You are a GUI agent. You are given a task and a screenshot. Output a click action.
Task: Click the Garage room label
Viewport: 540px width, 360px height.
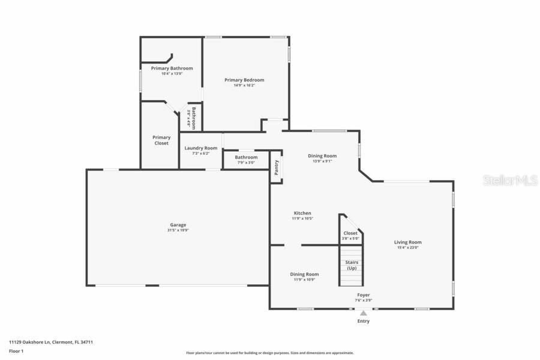tap(178, 225)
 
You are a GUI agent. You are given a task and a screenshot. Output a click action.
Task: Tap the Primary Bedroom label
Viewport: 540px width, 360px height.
tap(244, 80)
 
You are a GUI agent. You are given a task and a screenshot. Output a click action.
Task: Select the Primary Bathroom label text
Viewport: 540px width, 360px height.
tap(172, 68)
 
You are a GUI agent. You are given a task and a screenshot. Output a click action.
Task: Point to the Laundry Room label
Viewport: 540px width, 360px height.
tap(200, 148)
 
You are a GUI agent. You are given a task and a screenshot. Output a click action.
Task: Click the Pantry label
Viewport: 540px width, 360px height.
tap(277, 167)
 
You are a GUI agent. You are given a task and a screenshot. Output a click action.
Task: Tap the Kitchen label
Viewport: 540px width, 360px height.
tap(302, 213)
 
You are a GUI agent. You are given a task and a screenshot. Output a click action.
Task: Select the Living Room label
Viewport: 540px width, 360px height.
tap(407, 242)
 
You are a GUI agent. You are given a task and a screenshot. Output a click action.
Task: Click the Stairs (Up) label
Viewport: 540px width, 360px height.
tap(352, 265)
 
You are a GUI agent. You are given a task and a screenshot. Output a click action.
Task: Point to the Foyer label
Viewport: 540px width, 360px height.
tap(364, 295)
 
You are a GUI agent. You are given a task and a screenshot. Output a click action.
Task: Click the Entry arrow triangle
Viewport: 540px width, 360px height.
tap(364, 313)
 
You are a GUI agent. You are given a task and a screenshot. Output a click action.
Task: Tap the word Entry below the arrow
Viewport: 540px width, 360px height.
tap(364, 321)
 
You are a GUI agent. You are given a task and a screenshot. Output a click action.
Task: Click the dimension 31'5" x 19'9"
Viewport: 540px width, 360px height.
tap(178, 230)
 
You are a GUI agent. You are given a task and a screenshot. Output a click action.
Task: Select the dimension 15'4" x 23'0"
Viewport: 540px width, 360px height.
tap(407, 248)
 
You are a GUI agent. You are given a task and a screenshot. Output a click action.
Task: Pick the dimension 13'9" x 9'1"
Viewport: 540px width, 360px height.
tap(322, 161)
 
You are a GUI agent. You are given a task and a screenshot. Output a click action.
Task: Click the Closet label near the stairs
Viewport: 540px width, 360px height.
tap(350, 233)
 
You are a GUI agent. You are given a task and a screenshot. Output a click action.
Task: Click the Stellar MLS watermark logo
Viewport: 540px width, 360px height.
tap(510, 180)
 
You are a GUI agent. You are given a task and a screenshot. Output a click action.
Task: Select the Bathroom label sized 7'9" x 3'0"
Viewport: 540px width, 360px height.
tap(246, 157)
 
